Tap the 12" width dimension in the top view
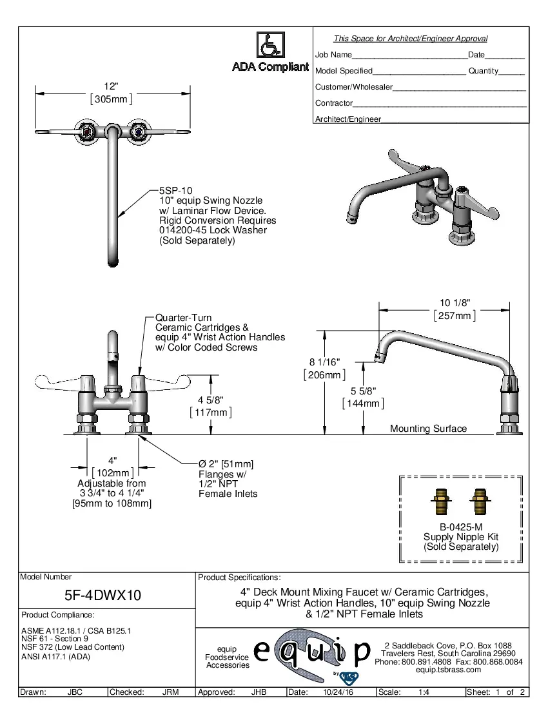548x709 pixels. pyautogui.click(x=112, y=86)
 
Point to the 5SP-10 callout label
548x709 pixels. pyautogui.click(x=175, y=191)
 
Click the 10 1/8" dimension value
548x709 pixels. pyautogui.click(x=455, y=303)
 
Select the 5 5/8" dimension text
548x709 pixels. pyautogui.click(x=363, y=391)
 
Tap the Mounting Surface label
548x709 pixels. pyautogui.click(x=428, y=429)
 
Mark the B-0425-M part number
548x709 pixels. pyautogui.click(x=461, y=526)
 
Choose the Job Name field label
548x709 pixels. pyautogui.click(x=333, y=55)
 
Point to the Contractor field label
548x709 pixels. pyautogui.click(x=334, y=103)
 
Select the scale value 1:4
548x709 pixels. pyautogui.click(x=425, y=692)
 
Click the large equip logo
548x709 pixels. pyautogui.click(x=313, y=652)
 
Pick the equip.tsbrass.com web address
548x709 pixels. pyautogui.click(x=449, y=669)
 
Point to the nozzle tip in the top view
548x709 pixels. pyautogui.click(x=113, y=261)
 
